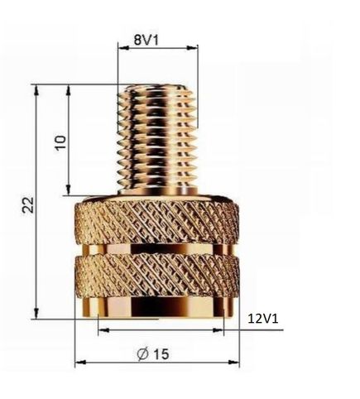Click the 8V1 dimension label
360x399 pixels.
pos(146,41)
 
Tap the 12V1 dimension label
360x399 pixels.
pos(263,319)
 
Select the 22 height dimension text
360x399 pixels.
pos(28,204)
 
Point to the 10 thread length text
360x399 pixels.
pos(60,142)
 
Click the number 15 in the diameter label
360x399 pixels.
pos(161,353)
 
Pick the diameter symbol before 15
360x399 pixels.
pos(143,354)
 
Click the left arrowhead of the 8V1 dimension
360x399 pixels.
pos(123,48)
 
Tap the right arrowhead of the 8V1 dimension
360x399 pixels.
pos(192,48)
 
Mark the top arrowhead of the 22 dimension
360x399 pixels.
pos(36,90)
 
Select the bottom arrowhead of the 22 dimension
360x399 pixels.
pos(36,313)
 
